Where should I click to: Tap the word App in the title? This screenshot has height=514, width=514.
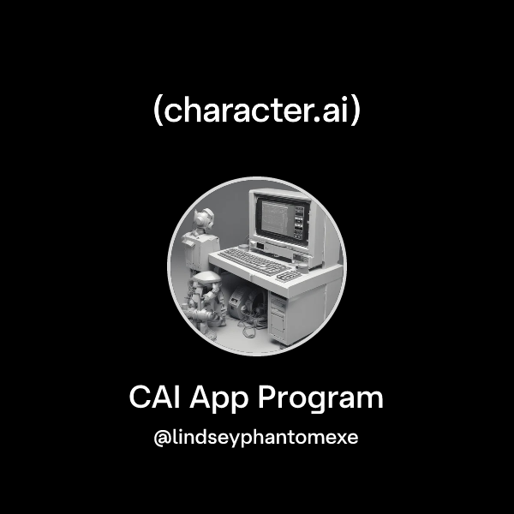pyautogui.click(x=224, y=400)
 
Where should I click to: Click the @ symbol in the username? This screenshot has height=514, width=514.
pyautogui.click(x=160, y=438)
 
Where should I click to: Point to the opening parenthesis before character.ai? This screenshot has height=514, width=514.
pyautogui.click(x=158, y=112)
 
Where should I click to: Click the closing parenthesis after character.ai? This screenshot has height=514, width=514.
pyautogui.click(x=356, y=112)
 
